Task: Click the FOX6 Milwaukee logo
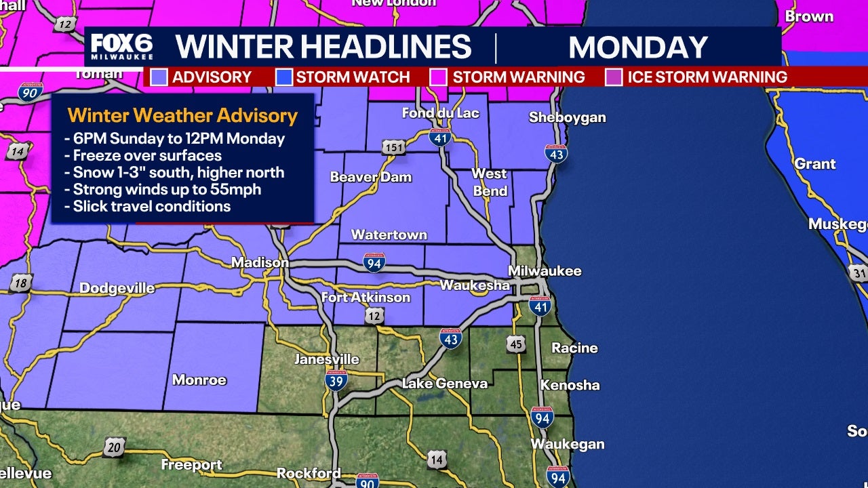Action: [x=122, y=47]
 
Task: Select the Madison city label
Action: [x=260, y=262]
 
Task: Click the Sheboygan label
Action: [x=567, y=117]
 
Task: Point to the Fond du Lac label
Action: [x=440, y=113]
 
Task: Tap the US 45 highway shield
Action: [x=516, y=344]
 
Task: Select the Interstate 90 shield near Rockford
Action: [x=367, y=481]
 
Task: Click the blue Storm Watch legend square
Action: [x=283, y=77]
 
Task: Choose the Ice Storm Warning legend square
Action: [x=614, y=77]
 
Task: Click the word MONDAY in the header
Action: [x=637, y=47]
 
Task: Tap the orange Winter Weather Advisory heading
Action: [x=182, y=116]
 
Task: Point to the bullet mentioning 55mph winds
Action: [x=167, y=190]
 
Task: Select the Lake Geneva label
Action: [x=444, y=384]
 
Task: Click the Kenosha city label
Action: [x=570, y=385]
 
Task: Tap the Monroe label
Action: [x=199, y=380]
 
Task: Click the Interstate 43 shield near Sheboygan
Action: [x=556, y=154]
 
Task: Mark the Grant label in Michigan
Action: [x=814, y=164]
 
